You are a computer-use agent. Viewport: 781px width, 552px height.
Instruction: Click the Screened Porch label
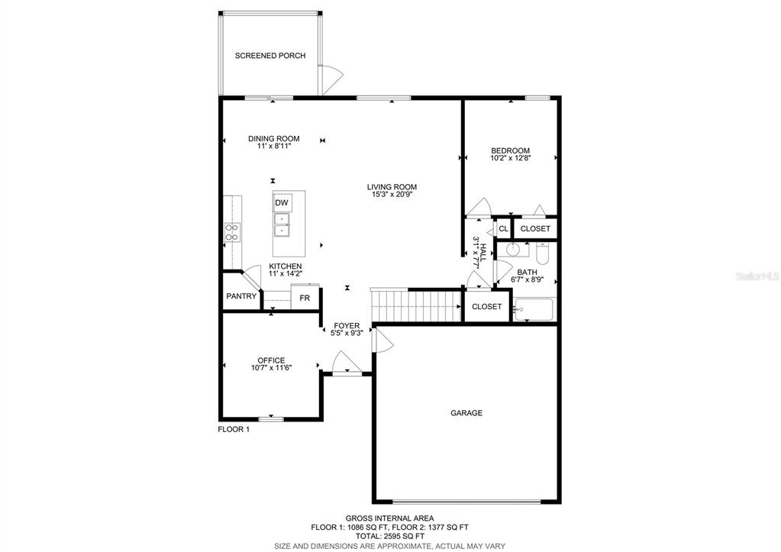coord(270,56)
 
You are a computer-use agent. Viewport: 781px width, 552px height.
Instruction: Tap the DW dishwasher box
coord(282,203)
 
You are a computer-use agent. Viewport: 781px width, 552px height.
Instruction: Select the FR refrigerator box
coord(305,298)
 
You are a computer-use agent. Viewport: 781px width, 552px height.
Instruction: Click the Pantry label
coord(241,296)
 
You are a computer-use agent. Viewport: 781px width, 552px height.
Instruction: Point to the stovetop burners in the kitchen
coord(232,232)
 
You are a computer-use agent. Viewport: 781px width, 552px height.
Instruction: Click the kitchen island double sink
coord(282,225)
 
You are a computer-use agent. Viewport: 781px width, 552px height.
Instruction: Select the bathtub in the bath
coord(534,310)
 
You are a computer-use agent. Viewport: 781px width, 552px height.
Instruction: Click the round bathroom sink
coord(512,249)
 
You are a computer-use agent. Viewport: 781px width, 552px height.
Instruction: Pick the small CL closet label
coord(504,229)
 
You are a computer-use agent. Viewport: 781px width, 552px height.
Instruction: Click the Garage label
coord(466,413)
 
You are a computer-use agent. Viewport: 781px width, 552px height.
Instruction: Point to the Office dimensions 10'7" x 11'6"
coord(272,368)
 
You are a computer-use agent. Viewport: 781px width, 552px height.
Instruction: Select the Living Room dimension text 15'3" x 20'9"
coord(392,194)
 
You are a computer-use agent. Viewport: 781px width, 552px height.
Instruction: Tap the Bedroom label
coord(511,150)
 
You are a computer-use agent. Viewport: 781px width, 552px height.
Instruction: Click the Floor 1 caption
coord(234,429)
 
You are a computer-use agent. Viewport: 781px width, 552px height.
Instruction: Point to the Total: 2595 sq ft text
coord(390,537)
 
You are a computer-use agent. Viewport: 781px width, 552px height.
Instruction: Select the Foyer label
coord(347,326)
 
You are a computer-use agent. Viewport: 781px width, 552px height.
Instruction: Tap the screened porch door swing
coord(331,79)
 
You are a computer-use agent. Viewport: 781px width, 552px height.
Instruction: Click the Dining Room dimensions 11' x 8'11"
coord(274,146)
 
